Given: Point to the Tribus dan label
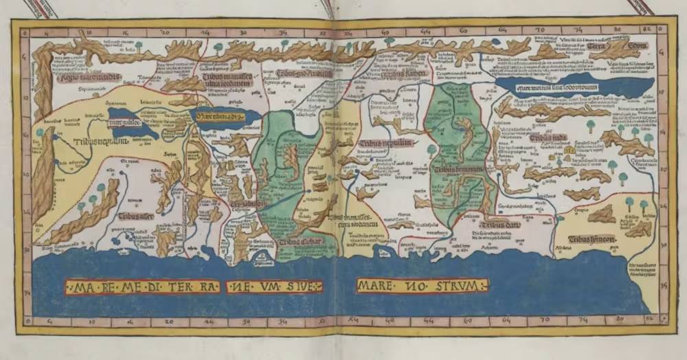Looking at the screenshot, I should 498,224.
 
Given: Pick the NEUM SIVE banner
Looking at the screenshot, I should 277,286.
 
